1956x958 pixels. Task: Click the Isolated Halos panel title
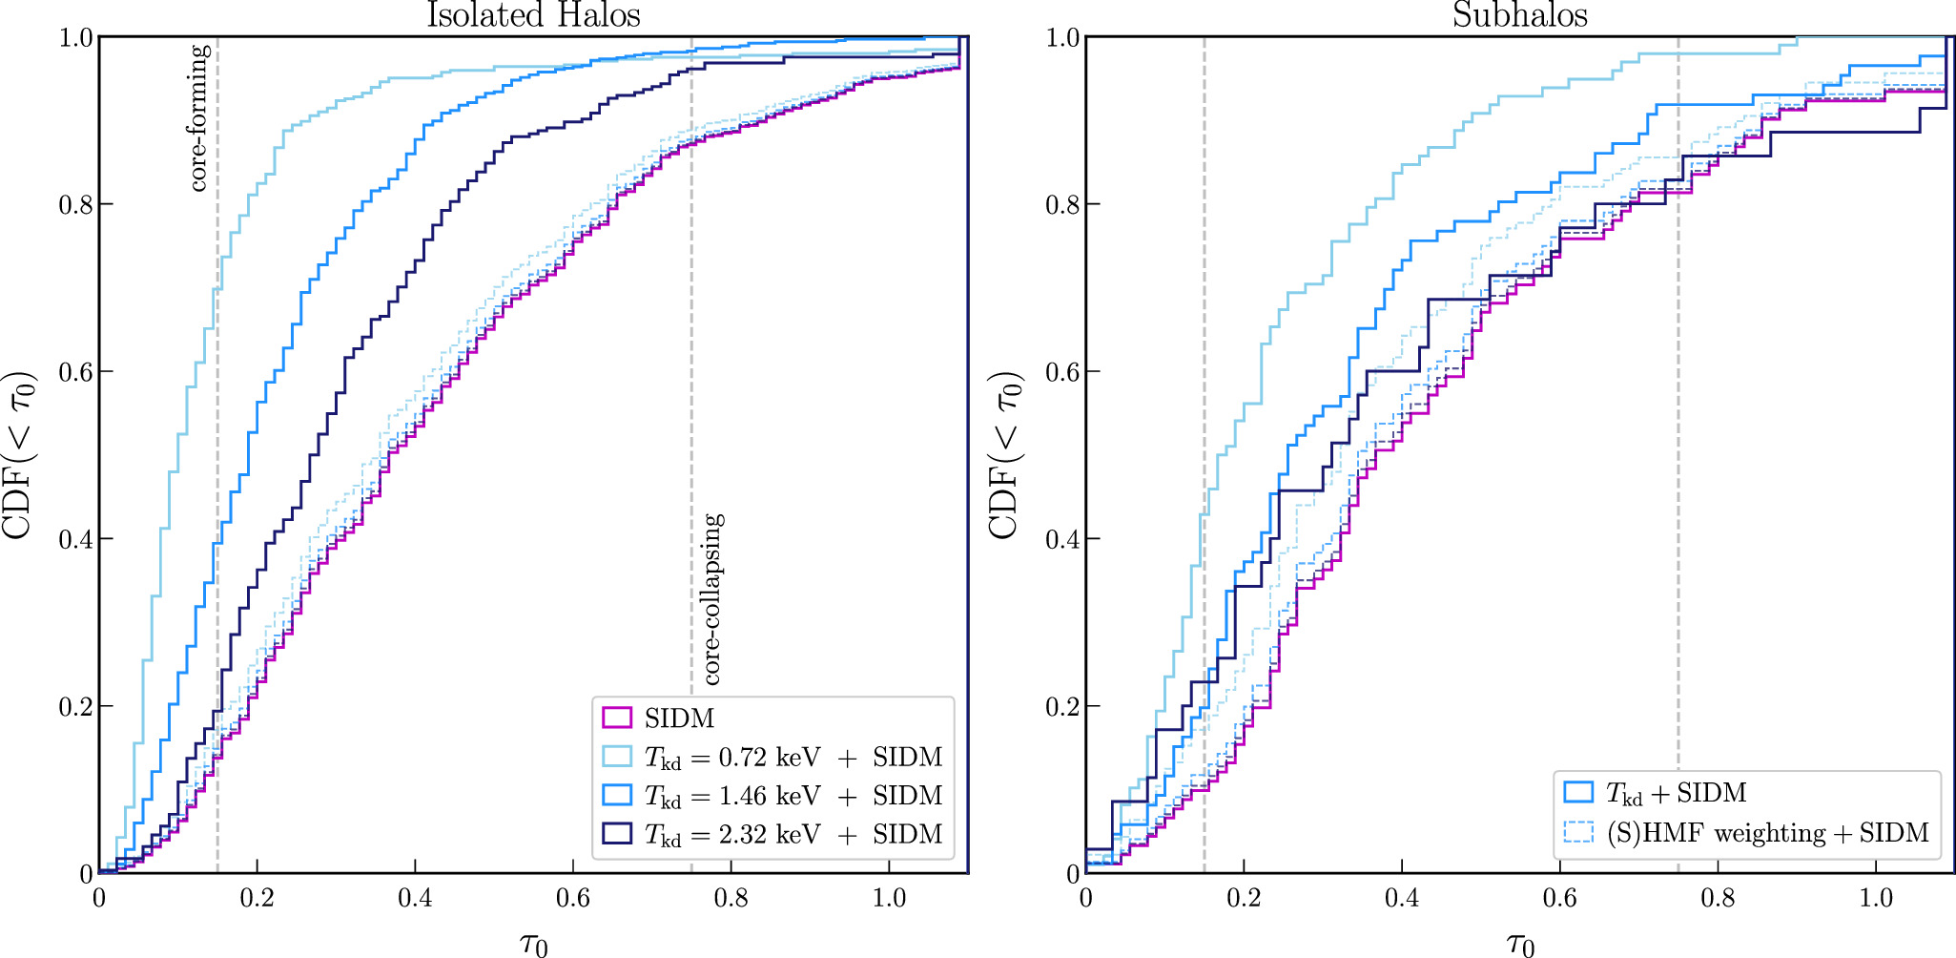click(x=533, y=15)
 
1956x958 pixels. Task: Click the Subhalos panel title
click(x=1520, y=15)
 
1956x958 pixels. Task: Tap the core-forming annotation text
click(x=199, y=117)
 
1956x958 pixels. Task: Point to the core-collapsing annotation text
click(x=712, y=599)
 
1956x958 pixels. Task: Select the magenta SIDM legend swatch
click(x=617, y=718)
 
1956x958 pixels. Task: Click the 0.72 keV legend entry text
click(x=793, y=757)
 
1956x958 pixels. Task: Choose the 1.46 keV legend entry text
click(x=793, y=795)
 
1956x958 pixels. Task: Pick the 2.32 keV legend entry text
click(x=793, y=834)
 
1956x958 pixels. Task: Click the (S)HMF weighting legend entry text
click(x=1767, y=833)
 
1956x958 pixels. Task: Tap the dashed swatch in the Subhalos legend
click(x=1578, y=832)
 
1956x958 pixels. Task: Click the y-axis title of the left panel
click(x=21, y=455)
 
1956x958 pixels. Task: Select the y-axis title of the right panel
click(x=1005, y=455)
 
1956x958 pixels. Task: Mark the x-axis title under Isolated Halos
click(x=534, y=945)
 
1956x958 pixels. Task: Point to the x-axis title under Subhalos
click(x=1520, y=945)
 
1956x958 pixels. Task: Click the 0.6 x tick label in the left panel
click(x=573, y=898)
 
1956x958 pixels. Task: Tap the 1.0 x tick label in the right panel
click(x=1876, y=898)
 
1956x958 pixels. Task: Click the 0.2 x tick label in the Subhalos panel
click(x=1244, y=898)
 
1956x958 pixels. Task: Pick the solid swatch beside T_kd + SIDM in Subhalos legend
click(x=1578, y=792)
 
